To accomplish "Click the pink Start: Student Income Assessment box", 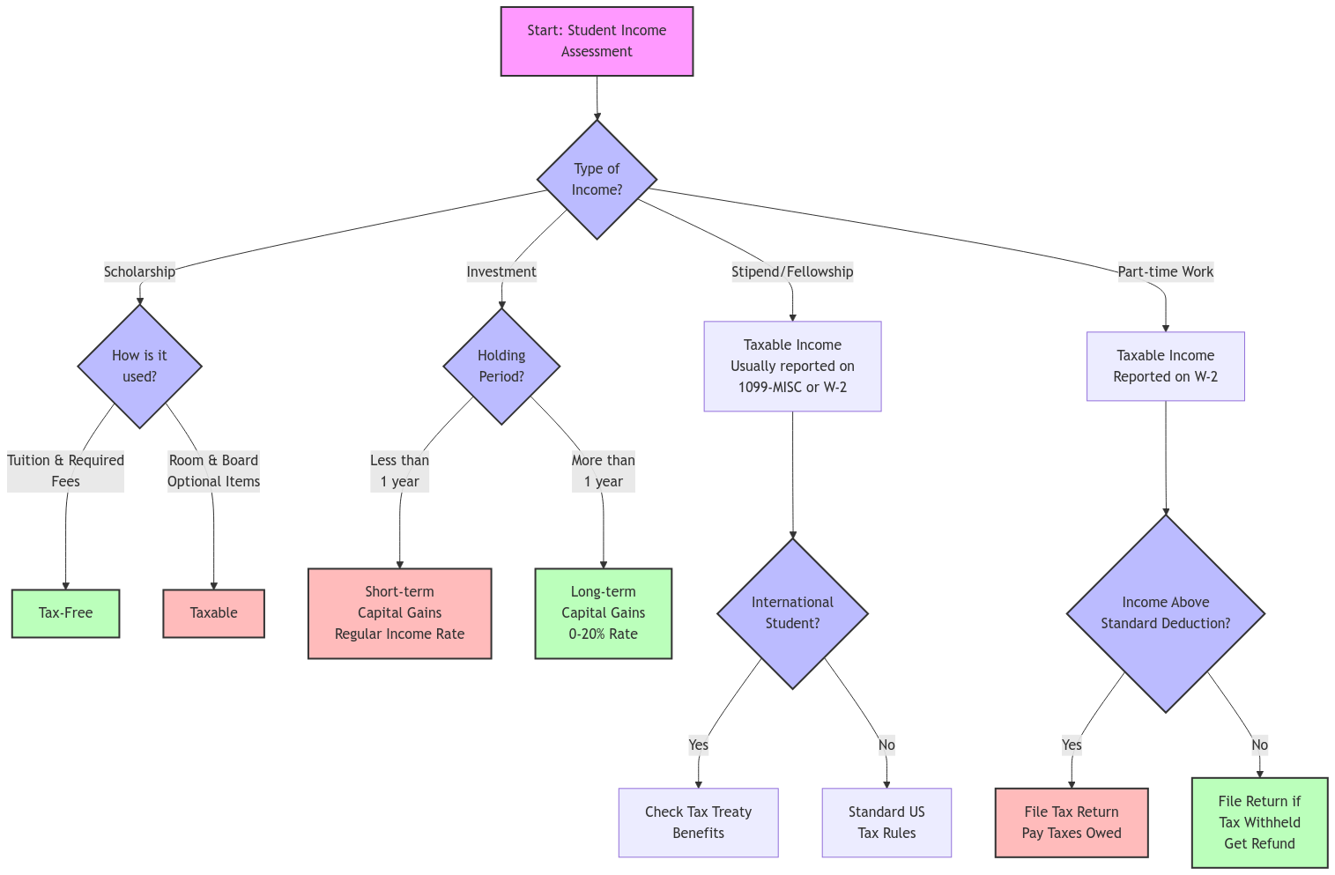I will tap(597, 41).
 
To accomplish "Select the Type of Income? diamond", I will tap(597, 179).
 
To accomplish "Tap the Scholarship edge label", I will tap(139, 271).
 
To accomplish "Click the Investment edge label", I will tap(501, 271).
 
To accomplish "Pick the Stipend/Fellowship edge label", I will tap(792, 271).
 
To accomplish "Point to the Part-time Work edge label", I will tap(1165, 271).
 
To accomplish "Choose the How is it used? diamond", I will tap(139, 366).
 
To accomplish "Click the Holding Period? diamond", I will tap(501, 366).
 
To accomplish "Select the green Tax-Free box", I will tap(65, 612).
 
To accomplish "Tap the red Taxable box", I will tap(213, 612).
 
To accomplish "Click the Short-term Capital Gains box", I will tap(399, 612).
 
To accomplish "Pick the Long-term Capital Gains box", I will tap(603, 612).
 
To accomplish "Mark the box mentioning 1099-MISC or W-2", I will tap(792, 366).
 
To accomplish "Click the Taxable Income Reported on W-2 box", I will tap(1165, 366).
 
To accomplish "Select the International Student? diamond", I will tap(792, 612).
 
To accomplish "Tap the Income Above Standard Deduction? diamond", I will tap(1165, 612).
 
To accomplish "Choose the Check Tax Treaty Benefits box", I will tap(698, 822).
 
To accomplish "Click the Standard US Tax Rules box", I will tap(886, 822).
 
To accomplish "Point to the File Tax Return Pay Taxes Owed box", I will tap(1072, 822).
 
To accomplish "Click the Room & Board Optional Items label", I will tap(213, 471).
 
